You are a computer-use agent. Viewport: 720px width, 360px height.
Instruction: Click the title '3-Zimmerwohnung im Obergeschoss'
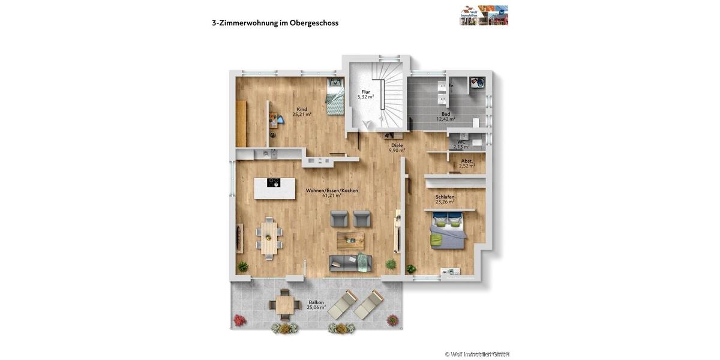[275, 23]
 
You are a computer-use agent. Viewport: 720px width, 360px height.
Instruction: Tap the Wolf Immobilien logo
[484, 15]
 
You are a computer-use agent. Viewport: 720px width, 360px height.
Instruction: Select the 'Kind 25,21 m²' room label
[302, 112]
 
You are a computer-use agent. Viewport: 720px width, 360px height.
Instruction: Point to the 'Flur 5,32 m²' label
[365, 94]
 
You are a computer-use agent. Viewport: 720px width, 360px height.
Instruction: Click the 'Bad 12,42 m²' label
[445, 116]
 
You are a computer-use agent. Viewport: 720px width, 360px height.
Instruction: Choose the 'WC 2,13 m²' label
[461, 144]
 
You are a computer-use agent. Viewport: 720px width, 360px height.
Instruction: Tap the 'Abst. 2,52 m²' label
[467, 163]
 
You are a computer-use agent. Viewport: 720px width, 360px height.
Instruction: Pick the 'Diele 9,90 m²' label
[397, 148]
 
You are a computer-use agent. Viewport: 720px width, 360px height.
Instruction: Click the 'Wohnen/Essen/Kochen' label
[332, 193]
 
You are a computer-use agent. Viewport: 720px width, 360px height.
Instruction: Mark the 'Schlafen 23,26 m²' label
[445, 199]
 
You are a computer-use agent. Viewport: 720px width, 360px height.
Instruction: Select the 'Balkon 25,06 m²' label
[316, 305]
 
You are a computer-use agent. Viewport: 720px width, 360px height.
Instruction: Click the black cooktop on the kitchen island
[274, 183]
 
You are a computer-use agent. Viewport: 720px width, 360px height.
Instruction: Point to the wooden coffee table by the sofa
[350, 241]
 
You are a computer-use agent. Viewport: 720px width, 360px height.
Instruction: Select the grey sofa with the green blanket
[350, 263]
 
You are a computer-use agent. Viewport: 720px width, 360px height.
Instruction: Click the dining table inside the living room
[269, 236]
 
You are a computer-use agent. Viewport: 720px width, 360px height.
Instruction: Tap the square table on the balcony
[285, 305]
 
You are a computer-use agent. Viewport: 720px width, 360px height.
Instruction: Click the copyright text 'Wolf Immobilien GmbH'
[477, 354]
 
